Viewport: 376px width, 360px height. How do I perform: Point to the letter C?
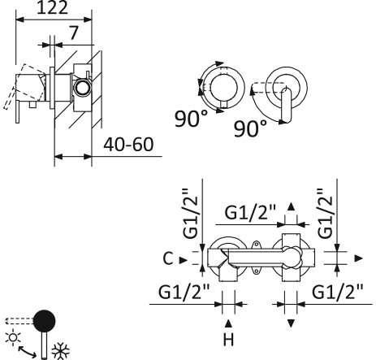click(x=166, y=259)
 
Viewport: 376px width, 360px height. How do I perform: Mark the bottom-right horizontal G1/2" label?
click(x=336, y=291)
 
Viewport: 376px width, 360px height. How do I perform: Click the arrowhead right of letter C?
click(x=183, y=259)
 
